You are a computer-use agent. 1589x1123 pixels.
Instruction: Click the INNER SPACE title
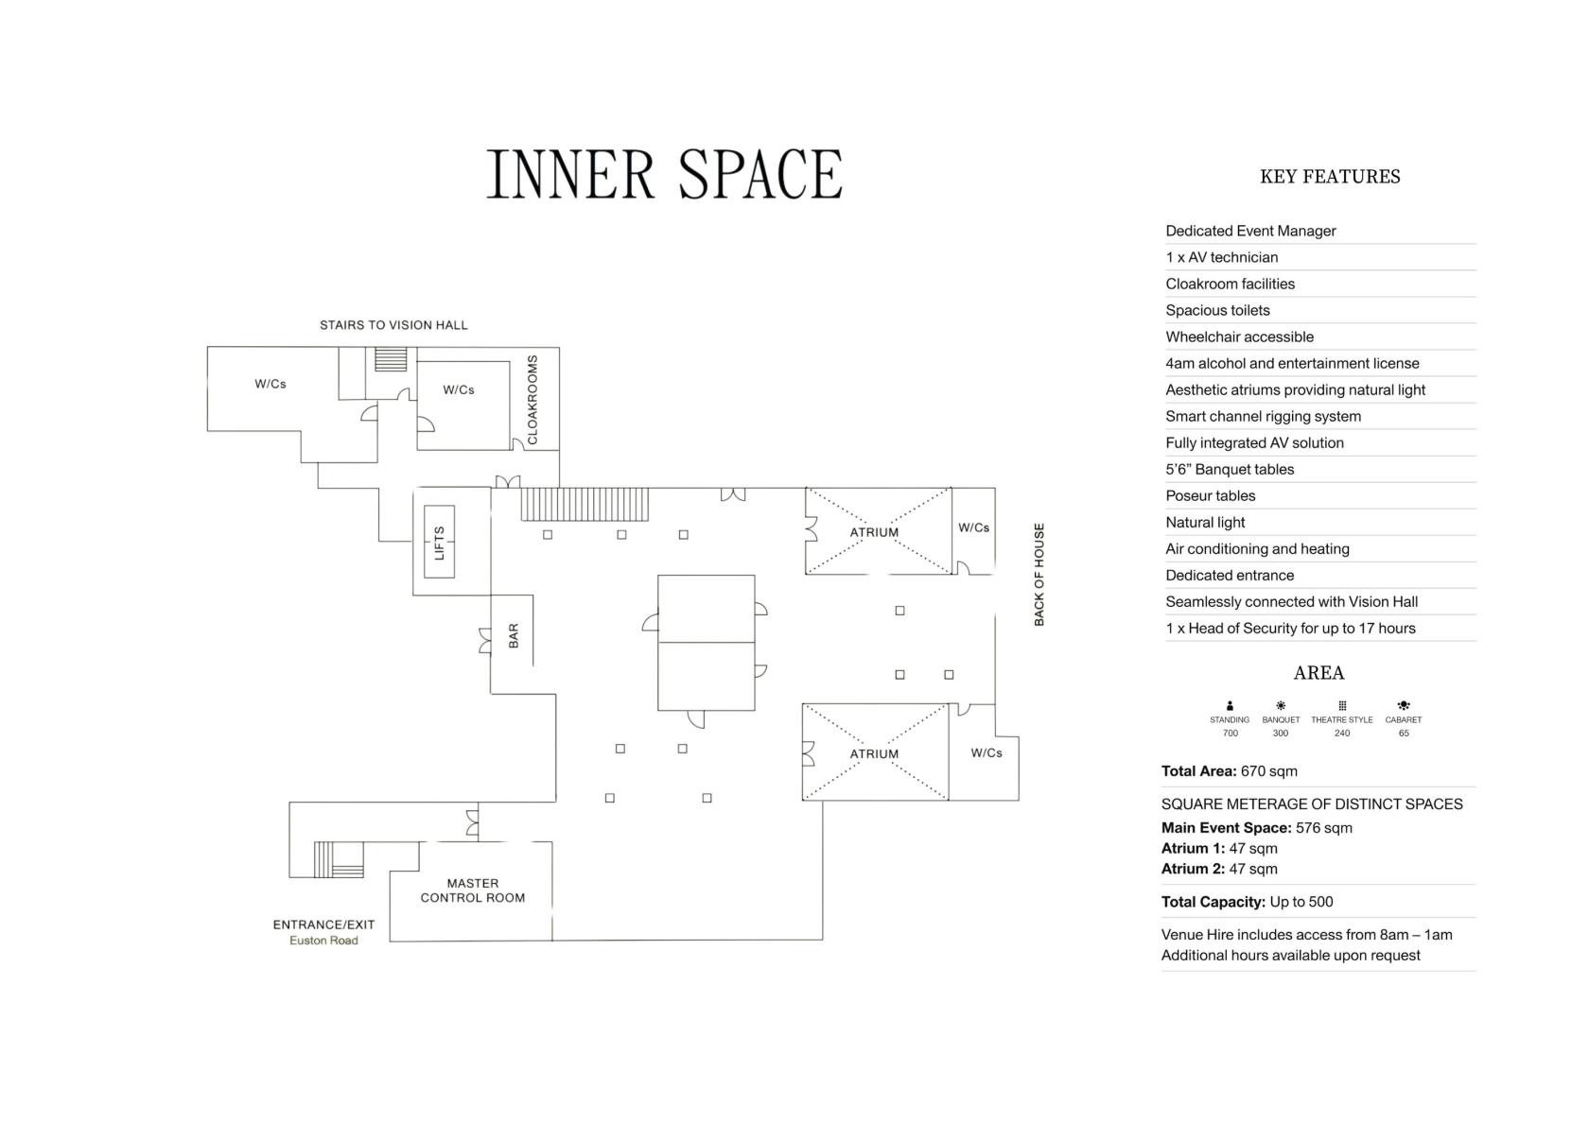pyautogui.click(x=665, y=174)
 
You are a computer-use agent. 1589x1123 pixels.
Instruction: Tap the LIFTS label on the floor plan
pyautogui.click(x=439, y=543)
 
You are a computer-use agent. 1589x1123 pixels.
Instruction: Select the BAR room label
pyautogui.click(x=514, y=636)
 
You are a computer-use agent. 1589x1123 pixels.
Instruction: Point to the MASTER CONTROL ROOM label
pyautogui.click(x=473, y=890)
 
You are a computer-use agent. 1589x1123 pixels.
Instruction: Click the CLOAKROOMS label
pyautogui.click(x=533, y=400)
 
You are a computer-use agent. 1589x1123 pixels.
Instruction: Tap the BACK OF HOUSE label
pyautogui.click(x=1039, y=575)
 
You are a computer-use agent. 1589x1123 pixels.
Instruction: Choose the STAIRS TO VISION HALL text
pyautogui.click(x=393, y=325)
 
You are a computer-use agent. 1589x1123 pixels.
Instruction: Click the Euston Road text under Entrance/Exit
pyautogui.click(x=323, y=941)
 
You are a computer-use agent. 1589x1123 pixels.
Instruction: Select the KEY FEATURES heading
pyautogui.click(x=1330, y=177)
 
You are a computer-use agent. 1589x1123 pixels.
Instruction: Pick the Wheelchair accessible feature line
pyautogui.click(x=1239, y=337)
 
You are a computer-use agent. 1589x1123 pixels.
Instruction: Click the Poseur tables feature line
pyautogui.click(x=1211, y=495)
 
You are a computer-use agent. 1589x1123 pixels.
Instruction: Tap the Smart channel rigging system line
pyautogui.click(x=1264, y=416)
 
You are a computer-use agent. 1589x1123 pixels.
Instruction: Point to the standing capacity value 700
pyautogui.click(x=1230, y=734)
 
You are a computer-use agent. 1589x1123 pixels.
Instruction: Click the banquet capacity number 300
pyautogui.click(x=1281, y=734)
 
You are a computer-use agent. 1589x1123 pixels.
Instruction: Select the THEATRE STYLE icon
pyautogui.click(x=1342, y=705)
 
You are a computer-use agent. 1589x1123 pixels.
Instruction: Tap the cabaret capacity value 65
pyautogui.click(x=1404, y=734)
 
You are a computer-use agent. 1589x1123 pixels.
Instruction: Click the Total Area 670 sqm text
pyautogui.click(x=1230, y=771)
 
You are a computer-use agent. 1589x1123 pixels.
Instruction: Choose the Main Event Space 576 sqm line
pyautogui.click(x=1257, y=828)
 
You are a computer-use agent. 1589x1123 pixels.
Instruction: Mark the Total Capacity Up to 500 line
pyautogui.click(x=1247, y=902)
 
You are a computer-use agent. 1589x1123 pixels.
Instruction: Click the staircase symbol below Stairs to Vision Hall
pyautogui.click(x=391, y=359)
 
